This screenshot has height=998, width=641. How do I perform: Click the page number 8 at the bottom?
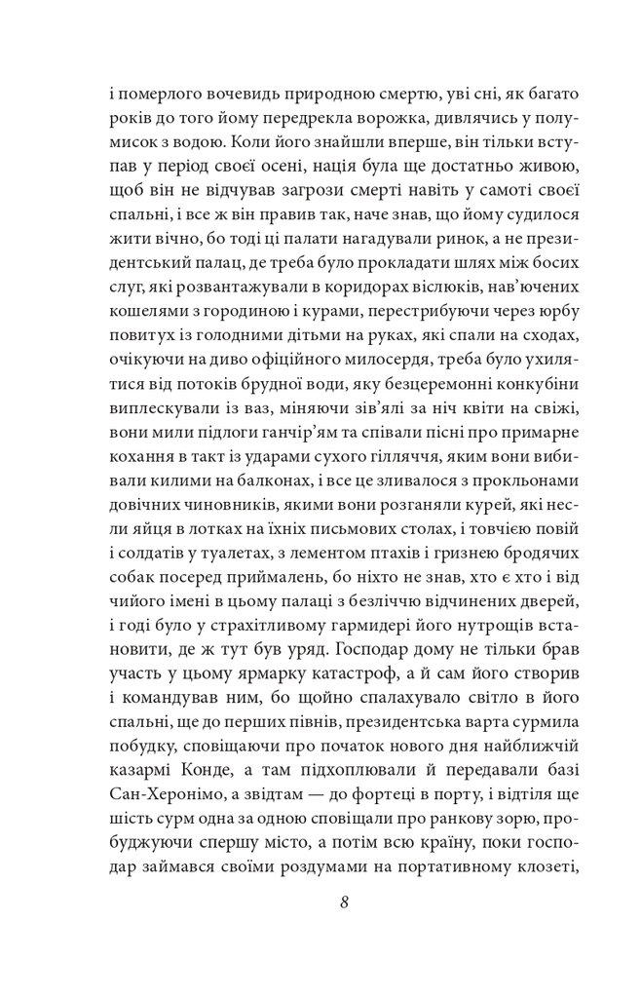(345, 901)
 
